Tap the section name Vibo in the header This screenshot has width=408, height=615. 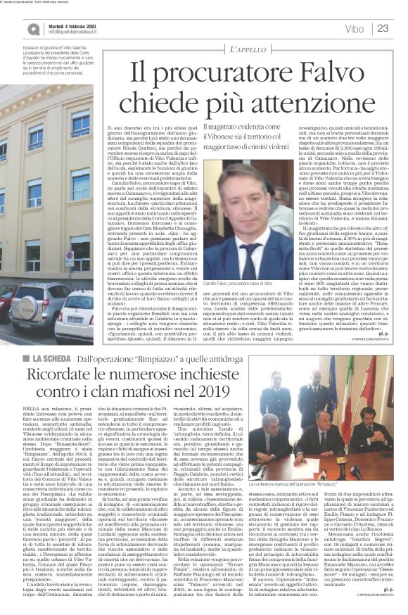tap(355, 29)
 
